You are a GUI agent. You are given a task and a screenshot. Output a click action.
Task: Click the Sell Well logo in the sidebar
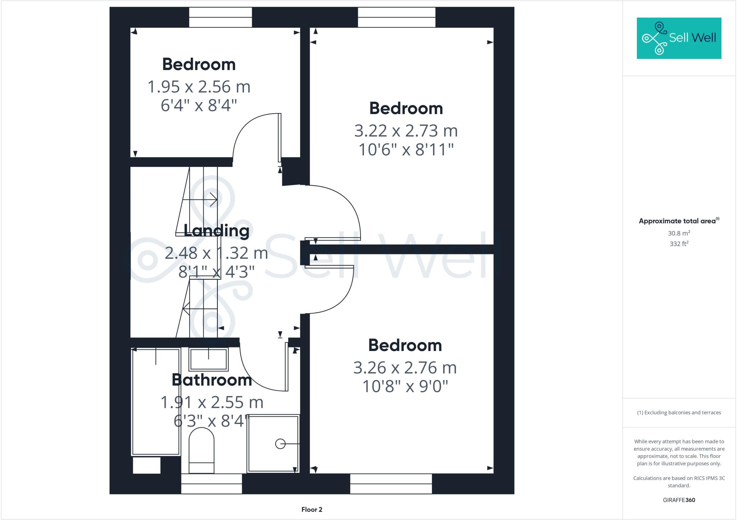pyautogui.click(x=679, y=38)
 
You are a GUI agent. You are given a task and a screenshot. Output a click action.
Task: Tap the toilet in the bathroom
pyautogui.click(x=202, y=451)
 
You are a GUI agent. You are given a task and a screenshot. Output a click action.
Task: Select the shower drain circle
pyautogui.click(x=280, y=444)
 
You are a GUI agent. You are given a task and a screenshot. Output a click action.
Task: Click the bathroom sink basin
pyautogui.click(x=209, y=359)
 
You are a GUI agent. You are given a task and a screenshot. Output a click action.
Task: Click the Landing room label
pyautogui.click(x=216, y=231)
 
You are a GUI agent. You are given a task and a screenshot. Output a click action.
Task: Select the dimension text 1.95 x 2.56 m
pyautogui.click(x=199, y=87)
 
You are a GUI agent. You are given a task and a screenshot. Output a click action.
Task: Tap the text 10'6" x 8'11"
pyautogui.click(x=406, y=150)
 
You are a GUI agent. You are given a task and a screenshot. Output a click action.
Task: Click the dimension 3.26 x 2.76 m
pyautogui.click(x=405, y=368)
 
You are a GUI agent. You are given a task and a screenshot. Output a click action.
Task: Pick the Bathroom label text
pyautogui.click(x=212, y=380)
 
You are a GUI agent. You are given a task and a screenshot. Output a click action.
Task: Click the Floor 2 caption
pyautogui.click(x=312, y=509)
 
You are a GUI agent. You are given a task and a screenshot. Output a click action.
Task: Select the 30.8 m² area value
pyautogui.click(x=679, y=233)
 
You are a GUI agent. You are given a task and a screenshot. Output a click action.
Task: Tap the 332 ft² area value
pyautogui.click(x=679, y=244)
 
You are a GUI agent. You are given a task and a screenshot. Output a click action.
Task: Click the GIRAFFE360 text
pyautogui.click(x=679, y=500)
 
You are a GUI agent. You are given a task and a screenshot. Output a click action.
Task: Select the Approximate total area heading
pyautogui.click(x=679, y=221)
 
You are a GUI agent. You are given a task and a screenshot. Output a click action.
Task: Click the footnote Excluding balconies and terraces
pyautogui.click(x=679, y=412)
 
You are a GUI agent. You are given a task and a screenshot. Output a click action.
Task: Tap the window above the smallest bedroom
pyautogui.click(x=220, y=17)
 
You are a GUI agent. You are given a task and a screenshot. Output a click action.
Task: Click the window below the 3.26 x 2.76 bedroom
pyautogui.click(x=391, y=484)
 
